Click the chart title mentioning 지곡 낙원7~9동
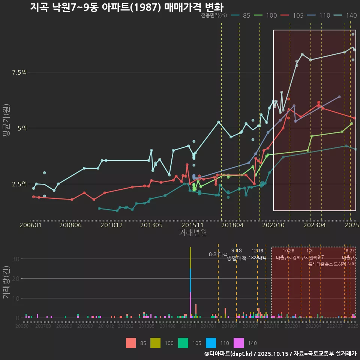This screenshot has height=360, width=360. click(126, 7)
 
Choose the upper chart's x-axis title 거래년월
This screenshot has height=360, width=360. click(193, 233)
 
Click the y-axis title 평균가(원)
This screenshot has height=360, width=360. click(6, 122)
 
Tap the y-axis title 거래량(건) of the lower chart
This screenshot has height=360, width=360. click(6, 282)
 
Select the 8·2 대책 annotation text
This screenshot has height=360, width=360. click(218, 254)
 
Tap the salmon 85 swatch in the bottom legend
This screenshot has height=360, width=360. click(131, 343)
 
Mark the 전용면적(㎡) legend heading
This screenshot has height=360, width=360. click(214, 15)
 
